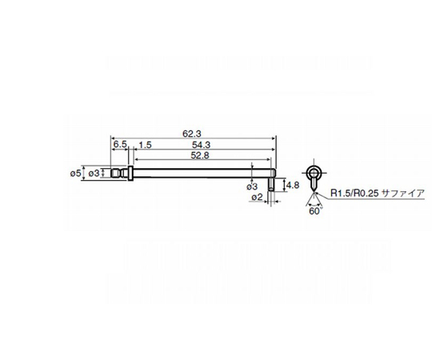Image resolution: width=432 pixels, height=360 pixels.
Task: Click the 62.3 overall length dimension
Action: [190, 133]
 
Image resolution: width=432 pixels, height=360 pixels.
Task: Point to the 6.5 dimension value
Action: [120, 144]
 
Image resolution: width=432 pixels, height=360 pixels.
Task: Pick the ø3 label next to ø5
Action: [94, 173]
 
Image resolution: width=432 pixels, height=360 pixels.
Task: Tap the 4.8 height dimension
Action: [292, 185]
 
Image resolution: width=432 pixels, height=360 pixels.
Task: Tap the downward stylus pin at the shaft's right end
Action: [274, 184]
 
